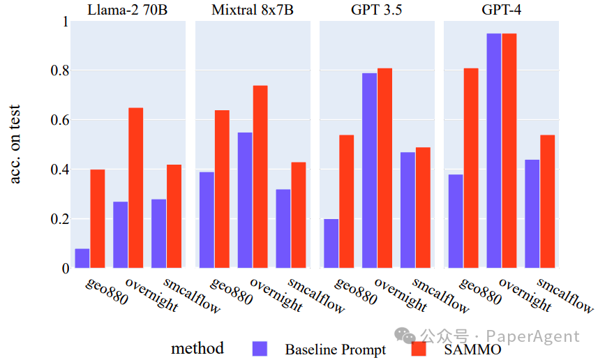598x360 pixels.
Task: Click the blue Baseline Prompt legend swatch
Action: coord(260,348)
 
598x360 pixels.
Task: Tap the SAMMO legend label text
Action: coord(472,349)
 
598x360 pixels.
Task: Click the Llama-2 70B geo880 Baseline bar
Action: coord(82,258)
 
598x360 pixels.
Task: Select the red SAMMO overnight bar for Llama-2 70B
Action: coord(135,188)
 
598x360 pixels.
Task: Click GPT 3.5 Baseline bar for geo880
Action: coord(331,243)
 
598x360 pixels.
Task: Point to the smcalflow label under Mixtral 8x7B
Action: coord(315,296)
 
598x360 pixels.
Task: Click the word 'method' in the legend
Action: coord(197,348)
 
